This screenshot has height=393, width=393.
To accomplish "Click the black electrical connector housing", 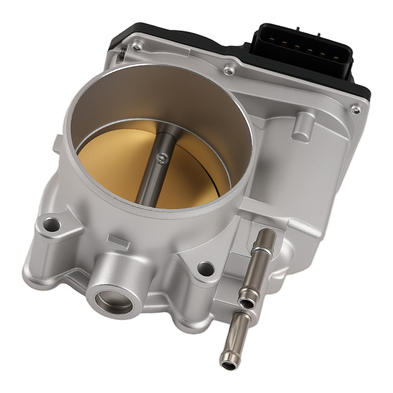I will (x=303, y=51).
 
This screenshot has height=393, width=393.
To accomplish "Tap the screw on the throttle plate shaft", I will (x=162, y=158).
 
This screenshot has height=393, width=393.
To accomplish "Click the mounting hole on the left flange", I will (x=51, y=225).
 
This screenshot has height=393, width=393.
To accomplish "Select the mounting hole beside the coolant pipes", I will (x=206, y=269).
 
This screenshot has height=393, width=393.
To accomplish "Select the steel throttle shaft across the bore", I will (x=153, y=177).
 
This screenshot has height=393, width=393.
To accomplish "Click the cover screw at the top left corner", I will (x=137, y=48).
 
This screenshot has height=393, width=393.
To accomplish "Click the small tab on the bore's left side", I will (x=58, y=144).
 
